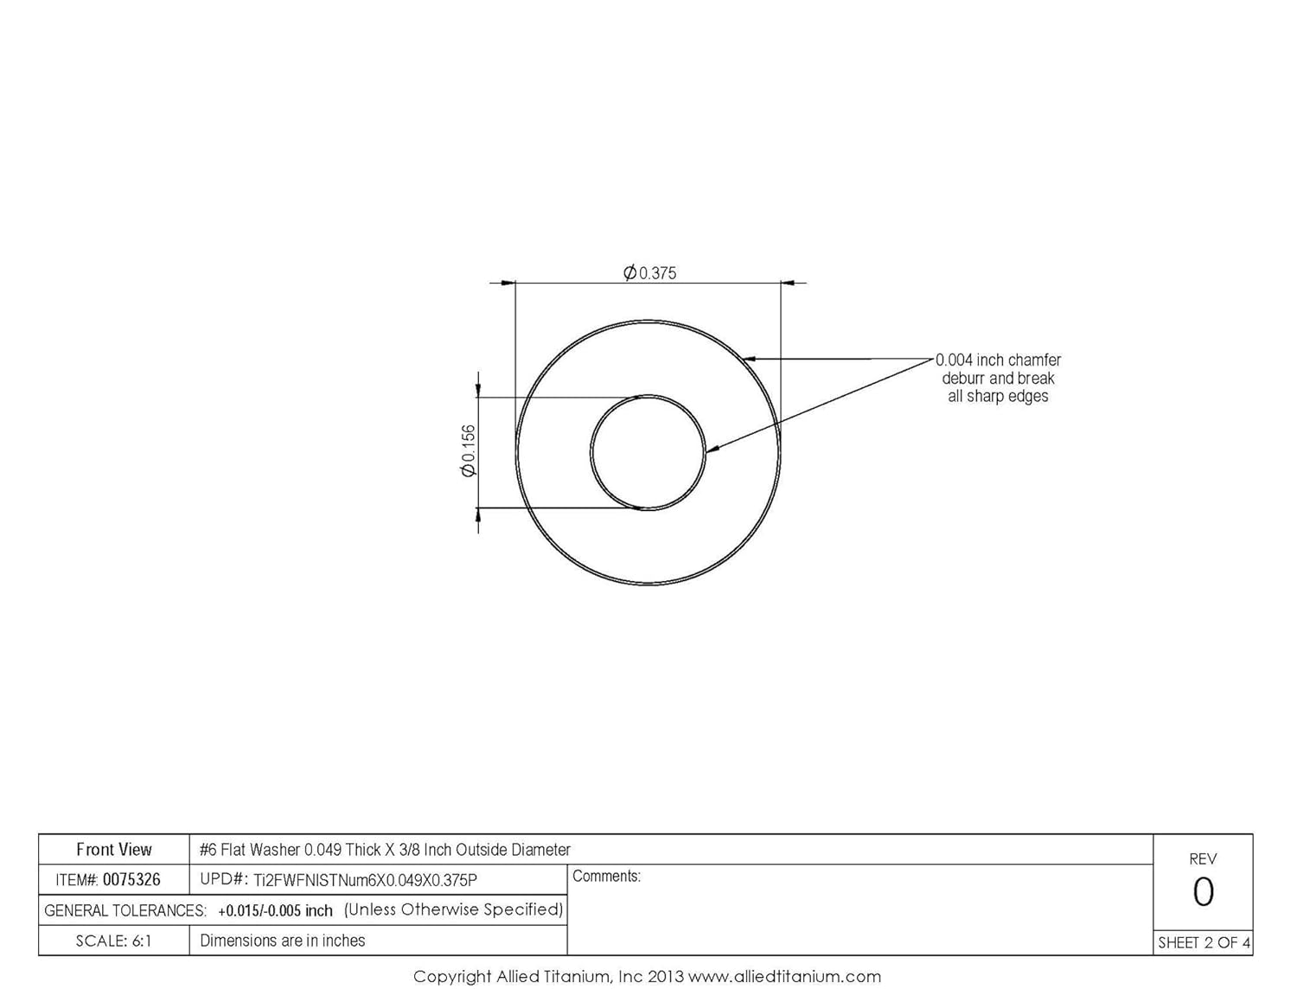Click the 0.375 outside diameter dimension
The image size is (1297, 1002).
tap(650, 273)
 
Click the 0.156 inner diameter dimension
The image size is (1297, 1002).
tap(468, 450)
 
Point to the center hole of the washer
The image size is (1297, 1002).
tap(648, 452)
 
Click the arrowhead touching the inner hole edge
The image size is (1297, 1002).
tap(712, 450)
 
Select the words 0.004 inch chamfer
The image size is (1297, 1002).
tap(998, 360)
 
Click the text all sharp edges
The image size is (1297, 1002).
tap(998, 397)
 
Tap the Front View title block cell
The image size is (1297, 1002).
tap(114, 850)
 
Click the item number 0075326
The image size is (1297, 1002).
tap(131, 880)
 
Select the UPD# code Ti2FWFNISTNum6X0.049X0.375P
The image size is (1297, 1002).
tap(365, 880)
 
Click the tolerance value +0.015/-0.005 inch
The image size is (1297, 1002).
tap(275, 910)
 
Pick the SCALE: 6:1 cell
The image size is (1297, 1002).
tap(114, 941)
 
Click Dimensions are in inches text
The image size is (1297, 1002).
tap(283, 941)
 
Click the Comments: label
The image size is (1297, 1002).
tap(606, 877)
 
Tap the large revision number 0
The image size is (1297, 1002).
tap(1203, 892)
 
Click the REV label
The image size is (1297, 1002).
tap(1203, 859)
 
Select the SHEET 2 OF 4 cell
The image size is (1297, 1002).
tap(1204, 943)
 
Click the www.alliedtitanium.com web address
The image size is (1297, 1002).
tap(784, 977)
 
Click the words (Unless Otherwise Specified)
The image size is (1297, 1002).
tap(453, 909)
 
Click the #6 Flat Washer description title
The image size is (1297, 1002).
tap(385, 850)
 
